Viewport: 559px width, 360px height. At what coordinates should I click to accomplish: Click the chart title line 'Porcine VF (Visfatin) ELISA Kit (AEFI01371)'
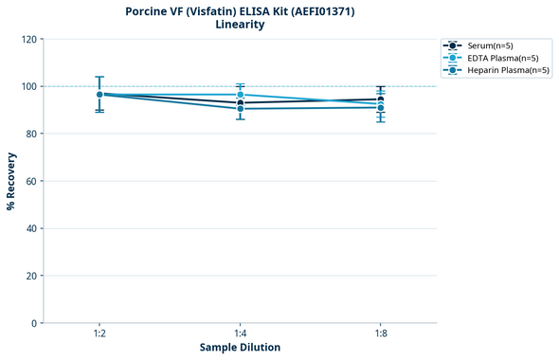(240, 11)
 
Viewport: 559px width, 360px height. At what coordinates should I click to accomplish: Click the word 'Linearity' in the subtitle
(240, 25)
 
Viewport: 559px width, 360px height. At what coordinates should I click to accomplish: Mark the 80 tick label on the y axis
(32, 135)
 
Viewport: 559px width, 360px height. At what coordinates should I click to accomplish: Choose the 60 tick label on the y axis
(32, 182)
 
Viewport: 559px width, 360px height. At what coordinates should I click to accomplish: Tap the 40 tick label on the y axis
(32, 229)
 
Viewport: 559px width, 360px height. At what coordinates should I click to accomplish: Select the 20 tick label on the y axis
(32, 277)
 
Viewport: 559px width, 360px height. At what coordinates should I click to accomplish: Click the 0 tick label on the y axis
(35, 324)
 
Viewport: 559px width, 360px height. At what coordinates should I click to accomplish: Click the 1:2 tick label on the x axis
(99, 334)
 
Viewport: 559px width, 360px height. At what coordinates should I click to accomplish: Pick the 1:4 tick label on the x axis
(240, 334)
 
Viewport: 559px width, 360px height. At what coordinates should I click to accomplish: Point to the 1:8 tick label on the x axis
(381, 334)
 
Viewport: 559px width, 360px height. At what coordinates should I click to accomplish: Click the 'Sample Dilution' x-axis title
(240, 348)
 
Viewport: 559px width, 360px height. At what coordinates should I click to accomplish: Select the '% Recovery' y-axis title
(11, 181)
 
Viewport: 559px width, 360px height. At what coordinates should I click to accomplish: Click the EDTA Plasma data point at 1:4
(240, 95)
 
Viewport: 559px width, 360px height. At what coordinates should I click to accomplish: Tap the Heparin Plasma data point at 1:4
(240, 109)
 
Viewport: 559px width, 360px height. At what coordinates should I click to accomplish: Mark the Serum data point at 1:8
(381, 99)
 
